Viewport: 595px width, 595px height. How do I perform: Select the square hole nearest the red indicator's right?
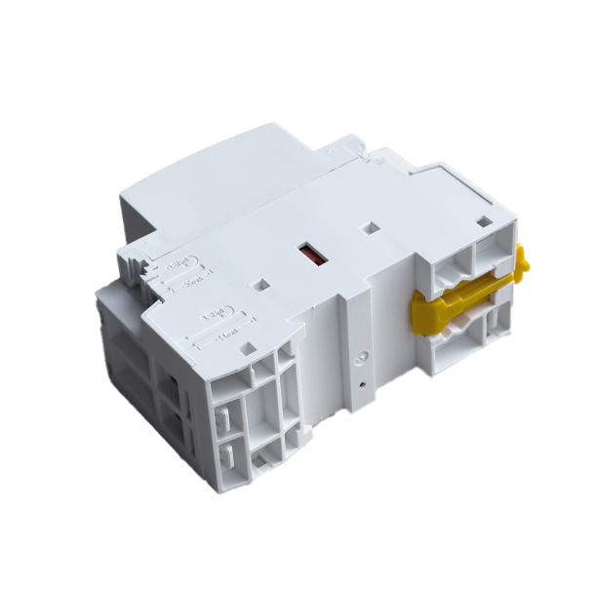pos(372,229)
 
